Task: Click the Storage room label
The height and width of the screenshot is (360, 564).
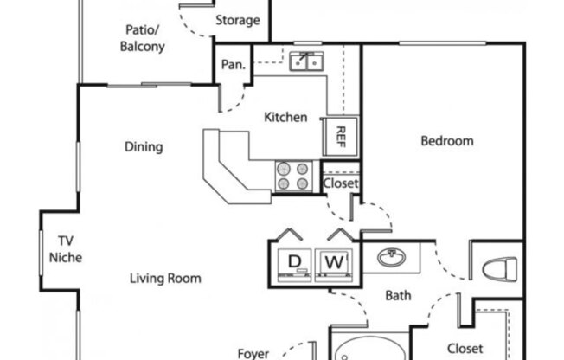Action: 237,20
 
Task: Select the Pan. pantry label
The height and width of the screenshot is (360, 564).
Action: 233,64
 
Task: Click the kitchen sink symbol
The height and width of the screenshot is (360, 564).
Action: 304,61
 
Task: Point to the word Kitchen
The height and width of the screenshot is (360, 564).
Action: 285,117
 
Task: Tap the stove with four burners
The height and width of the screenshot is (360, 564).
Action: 293,176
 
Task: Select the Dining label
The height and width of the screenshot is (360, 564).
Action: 144,146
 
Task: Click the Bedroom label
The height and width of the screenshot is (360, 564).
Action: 447,140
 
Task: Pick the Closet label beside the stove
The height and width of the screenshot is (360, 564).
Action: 340,183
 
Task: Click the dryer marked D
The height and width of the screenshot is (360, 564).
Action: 294,261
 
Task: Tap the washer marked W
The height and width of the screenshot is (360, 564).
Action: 333,261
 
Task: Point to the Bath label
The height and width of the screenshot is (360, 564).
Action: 398,296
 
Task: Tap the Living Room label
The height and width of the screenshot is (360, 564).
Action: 165,279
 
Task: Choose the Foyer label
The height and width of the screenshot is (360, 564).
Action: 253,353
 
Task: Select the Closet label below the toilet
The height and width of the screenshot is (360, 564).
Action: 464,349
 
